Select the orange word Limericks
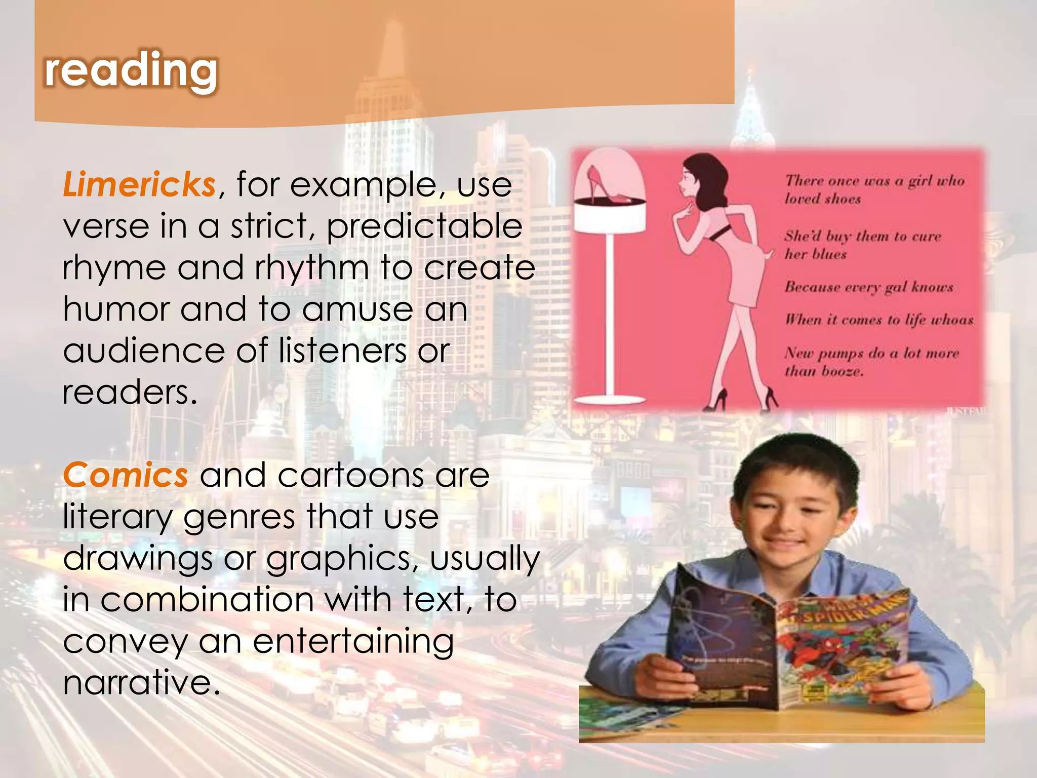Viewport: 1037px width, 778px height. click(x=139, y=184)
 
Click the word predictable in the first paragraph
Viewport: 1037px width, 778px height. click(x=424, y=226)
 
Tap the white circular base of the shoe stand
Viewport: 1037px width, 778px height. click(x=610, y=400)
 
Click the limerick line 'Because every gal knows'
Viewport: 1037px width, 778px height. click(x=869, y=287)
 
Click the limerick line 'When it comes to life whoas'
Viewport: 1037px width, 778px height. click(x=879, y=320)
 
